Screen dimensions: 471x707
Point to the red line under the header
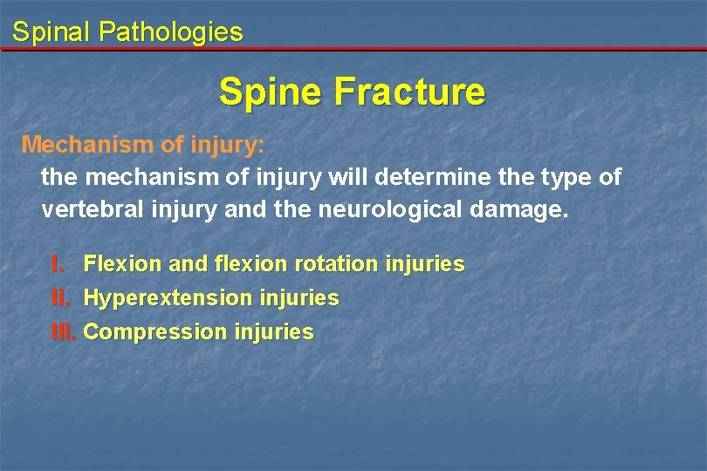click(353, 49)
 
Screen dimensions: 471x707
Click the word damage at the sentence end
click(522, 211)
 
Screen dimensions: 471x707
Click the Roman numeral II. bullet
click(59, 298)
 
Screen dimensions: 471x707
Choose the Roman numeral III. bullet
click(64, 332)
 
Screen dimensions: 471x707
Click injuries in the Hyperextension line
click(299, 298)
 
